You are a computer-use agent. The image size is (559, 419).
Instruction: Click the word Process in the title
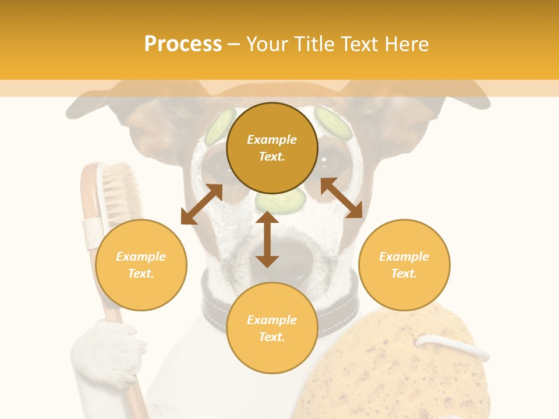click(x=183, y=44)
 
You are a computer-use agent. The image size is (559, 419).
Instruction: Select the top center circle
click(x=272, y=148)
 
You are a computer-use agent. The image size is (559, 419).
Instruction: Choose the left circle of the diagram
click(x=141, y=265)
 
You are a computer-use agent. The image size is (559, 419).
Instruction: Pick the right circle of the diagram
click(x=404, y=265)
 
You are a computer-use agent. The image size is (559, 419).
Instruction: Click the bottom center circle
click(x=272, y=328)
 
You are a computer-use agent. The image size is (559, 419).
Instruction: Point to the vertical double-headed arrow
click(x=267, y=239)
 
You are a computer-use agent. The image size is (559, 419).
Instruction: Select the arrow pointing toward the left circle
click(x=201, y=204)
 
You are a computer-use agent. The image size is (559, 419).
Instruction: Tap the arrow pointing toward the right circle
click(x=342, y=198)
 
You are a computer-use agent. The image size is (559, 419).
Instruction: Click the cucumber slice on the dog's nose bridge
click(x=281, y=201)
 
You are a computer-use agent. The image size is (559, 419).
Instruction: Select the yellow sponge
click(x=396, y=367)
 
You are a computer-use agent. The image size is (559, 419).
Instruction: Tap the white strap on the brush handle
click(x=93, y=233)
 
